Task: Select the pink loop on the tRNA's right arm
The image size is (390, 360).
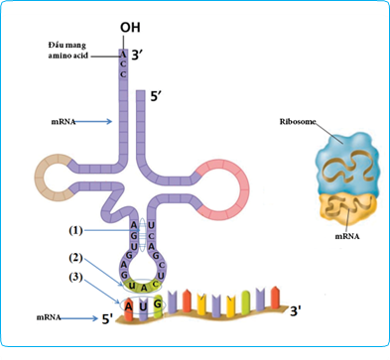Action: (220, 179)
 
